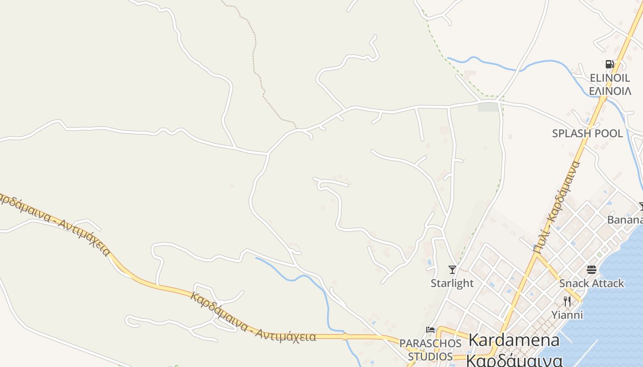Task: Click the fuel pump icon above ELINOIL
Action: pos(609,64)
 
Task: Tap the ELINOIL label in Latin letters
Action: pos(610,78)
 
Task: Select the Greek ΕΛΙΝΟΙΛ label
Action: pos(610,91)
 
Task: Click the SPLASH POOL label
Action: pos(587,133)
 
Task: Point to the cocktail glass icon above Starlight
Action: pos(452,269)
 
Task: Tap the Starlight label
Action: pos(452,283)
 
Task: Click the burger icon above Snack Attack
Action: pos(591,269)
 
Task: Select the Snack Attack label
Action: pos(592,283)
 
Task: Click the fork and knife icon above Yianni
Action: pos(567,301)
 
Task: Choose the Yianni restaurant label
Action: pos(567,315)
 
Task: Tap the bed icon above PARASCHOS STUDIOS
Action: pos(430,329)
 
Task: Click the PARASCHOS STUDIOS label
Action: pos(430,350)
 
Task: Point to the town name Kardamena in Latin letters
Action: pos(514,340)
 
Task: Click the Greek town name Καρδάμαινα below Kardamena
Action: pos(514,360)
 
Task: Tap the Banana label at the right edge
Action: pos(625,220)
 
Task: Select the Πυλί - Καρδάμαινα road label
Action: pos(557,206)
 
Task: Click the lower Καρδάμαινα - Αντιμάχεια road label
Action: pos(253,317)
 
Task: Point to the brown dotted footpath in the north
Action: pos(254,55)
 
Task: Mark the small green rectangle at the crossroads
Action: pos(488,107)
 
